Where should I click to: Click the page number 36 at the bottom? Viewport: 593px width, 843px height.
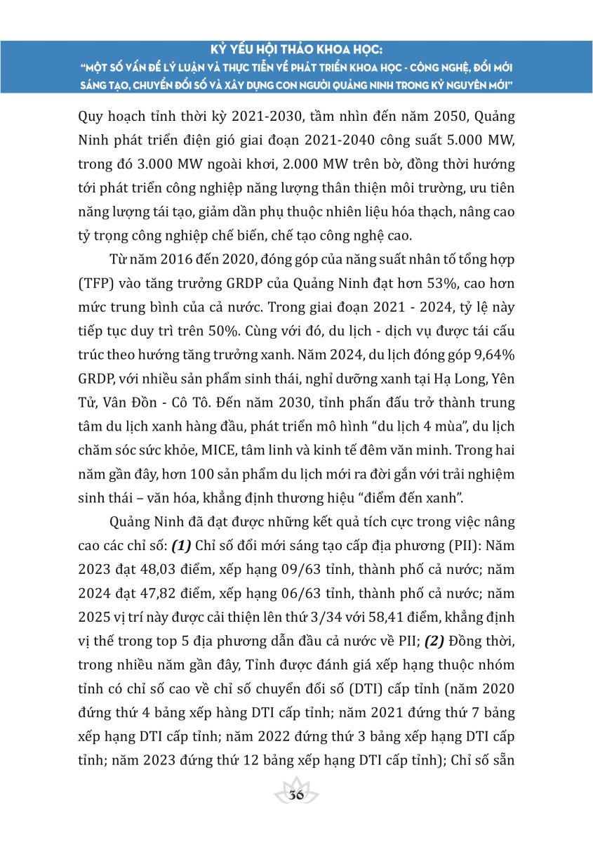(296, 795)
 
